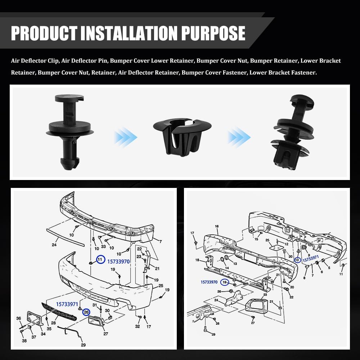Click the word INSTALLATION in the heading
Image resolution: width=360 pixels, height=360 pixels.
click(x=129, y=33)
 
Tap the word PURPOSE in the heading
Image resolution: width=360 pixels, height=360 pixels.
click(x=213, y=33)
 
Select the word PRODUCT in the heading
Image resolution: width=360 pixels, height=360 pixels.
click(x=44, y=33)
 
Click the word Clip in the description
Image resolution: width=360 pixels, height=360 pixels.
click(x=53, y=61)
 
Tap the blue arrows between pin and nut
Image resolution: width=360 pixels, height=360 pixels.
click(x=125, y=137)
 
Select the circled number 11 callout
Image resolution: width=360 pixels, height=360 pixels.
click(x=100, y=260)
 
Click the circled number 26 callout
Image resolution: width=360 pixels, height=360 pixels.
click(x=86, y=312)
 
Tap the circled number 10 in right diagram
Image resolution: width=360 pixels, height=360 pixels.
click(x=297, y=260)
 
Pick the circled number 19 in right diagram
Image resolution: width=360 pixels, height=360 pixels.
click(x=225, y=282)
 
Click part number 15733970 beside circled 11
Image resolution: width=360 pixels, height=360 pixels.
click(x=118, y=261)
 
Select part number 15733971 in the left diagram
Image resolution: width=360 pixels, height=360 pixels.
click(x=67, y=304)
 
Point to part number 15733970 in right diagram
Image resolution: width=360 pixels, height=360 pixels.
click(x=209, y=282)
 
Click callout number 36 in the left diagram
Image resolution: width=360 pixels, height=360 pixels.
click(x=19, y=318)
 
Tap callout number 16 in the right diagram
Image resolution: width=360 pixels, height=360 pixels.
click(x=217, y=226)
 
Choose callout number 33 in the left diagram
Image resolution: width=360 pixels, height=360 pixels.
click(x=103, y=247)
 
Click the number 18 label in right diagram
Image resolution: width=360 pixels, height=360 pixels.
click(x=197, y=260)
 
